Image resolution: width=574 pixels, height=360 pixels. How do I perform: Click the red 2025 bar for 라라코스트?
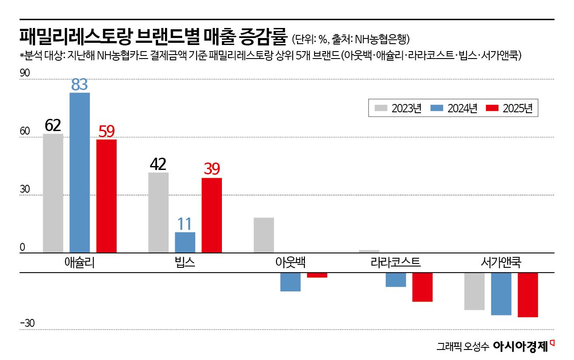tap(422, 287)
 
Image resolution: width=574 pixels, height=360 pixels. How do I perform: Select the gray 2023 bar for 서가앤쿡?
tap(474, 291)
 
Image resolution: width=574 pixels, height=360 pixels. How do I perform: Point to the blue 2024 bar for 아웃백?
tap(290, 282)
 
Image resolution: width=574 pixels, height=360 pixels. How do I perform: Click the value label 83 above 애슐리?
tap(80, 85)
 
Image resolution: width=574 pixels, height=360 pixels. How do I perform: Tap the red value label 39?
tap(212, 170)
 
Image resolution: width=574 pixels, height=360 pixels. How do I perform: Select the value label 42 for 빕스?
tap(158, 164)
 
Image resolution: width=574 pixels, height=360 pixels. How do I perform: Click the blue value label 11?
tap(185, 224)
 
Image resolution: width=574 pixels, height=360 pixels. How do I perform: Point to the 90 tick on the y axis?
tap(25, 73)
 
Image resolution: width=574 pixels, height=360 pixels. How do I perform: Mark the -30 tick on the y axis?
tap(27, 323)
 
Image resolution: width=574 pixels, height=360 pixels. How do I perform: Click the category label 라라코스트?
tap(395, 263)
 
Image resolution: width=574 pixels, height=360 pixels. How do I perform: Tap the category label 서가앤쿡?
tap(501, 263)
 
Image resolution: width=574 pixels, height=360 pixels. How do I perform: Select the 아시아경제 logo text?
tap(520, 346)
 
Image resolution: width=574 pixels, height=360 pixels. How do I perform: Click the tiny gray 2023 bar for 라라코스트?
tap(369, 251)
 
